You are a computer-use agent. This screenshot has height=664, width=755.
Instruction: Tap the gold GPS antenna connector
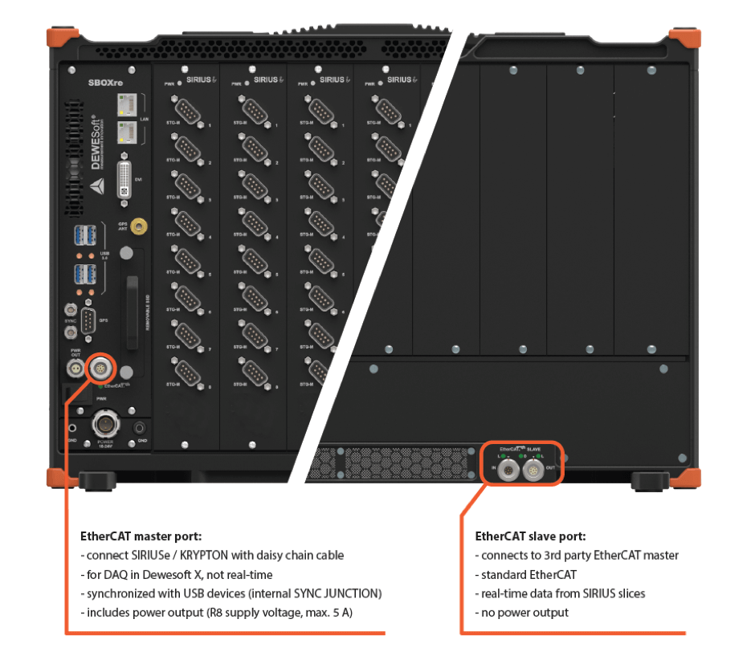[137, 228]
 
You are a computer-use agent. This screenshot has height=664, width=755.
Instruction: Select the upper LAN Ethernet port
[126, 103]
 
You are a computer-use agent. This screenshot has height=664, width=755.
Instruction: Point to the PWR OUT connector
[74, 369]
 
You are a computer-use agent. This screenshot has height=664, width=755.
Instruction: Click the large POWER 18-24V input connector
[105, 423]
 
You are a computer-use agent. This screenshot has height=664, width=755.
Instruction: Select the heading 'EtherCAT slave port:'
[530, 536]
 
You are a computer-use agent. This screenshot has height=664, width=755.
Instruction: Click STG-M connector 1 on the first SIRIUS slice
[187, 112]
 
